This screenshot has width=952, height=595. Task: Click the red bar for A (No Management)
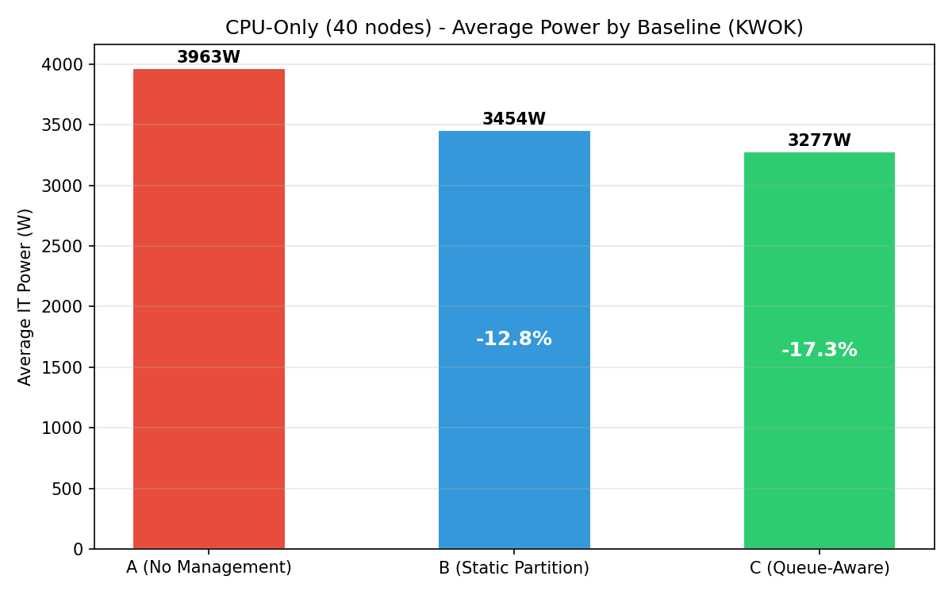[x=209, y=309]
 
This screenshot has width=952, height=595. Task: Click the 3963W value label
[x=209, y=57]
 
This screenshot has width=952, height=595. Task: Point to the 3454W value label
[x=514, y=119]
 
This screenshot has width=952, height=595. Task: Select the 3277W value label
[x=819, y=140]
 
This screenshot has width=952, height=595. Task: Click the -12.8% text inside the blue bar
[x=514, y=339]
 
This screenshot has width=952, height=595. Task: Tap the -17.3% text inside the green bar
[x=819, y=350]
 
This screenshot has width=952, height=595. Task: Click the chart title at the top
[x=514, y=28]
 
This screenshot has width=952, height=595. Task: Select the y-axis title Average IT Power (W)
[x=25, y=297]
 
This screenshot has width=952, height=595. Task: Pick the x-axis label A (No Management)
[x=209, y=568]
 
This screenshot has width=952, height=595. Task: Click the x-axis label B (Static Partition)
[x=514, y=568]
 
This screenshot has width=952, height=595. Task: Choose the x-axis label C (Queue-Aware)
[x=819, y=568]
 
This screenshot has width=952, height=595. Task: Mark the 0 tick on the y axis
[x=78, y=549]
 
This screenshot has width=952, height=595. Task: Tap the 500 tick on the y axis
[x=67, y=489]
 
